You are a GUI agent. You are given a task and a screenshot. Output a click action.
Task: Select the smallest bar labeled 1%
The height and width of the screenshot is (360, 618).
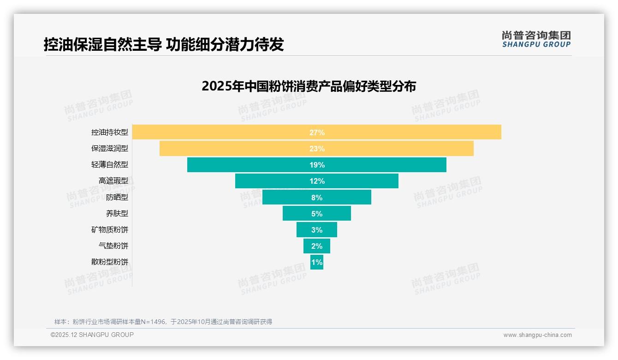317,262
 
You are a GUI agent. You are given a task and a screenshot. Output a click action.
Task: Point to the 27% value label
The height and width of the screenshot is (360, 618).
317,132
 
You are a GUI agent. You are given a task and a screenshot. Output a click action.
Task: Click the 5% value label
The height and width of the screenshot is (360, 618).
317,214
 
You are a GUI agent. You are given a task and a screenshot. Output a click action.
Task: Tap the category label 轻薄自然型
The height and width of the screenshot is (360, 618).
110,165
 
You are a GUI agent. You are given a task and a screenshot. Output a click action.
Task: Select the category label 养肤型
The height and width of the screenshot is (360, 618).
117,214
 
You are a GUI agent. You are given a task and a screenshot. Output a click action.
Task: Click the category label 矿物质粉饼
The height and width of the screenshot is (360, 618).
110,230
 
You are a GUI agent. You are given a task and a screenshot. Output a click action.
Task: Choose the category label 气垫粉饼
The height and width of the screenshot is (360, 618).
113,246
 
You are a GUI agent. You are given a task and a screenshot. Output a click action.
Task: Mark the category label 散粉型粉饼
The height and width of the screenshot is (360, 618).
110,262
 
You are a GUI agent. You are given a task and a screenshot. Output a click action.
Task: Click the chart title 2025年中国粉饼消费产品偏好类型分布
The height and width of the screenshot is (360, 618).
309,86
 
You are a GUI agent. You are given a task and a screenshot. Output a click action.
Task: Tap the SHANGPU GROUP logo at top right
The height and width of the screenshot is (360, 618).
536,39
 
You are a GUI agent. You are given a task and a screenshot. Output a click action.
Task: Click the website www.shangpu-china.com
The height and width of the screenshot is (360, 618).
537,335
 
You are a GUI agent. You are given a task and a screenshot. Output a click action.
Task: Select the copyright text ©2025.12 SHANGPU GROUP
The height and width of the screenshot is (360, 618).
92,335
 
